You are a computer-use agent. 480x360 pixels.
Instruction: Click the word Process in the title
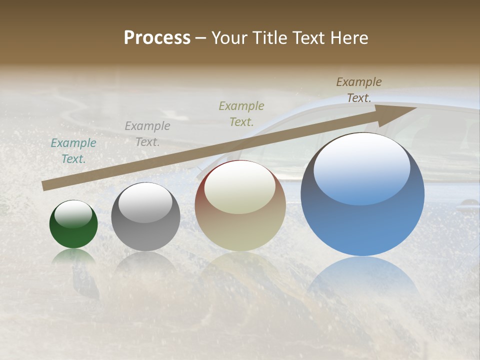tap(157, 37)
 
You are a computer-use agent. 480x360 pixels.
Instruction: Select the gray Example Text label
tap(147, 134)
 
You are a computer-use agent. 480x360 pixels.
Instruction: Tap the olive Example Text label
tap(241, 113)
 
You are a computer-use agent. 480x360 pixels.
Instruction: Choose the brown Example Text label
tap(359, 90)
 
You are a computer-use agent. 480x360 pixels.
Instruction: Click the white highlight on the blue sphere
tap(361, 167)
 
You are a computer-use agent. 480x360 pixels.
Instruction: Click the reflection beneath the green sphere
tap(73, 257)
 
